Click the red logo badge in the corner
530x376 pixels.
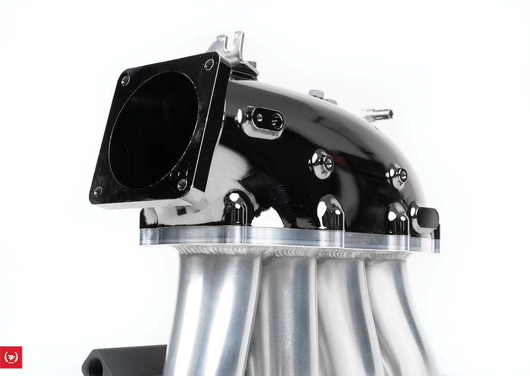click(x=11, y=357)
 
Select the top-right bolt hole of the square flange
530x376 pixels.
click(x=209, y=64)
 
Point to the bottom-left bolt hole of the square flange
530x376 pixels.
click(x=98, y=190)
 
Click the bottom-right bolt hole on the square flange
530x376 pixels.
click(x=183, y=185)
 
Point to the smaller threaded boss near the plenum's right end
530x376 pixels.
click(x=398, y=175)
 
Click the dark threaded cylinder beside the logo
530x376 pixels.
click(x=125, y=360)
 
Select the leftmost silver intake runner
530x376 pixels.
click(x=216, y=314)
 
